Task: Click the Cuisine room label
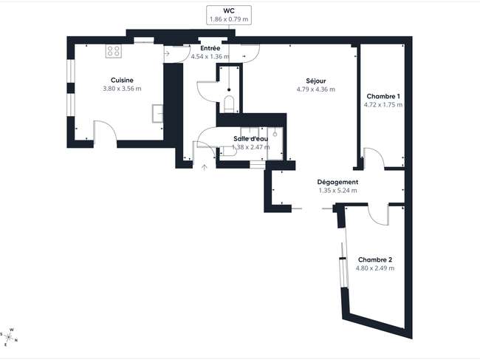[122, 81]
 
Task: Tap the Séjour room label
[315, 81]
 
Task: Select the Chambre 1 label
[383, 96]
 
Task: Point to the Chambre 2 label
[375, 259]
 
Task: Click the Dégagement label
[337, 182]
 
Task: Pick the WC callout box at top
[229, 15]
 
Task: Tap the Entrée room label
[210, 48]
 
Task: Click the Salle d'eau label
[251, 139]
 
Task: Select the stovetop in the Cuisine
[114, 51]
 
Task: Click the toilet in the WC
[229, 104]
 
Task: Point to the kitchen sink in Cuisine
[157, 113]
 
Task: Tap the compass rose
[9, 338]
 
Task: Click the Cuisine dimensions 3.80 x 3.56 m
[122, 89]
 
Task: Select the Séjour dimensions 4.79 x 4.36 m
[315, 89]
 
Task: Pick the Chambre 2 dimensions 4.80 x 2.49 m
[375, 268]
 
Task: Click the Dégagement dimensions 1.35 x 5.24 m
[337, 191]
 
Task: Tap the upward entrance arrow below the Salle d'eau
[204, 167]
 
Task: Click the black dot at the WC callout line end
[229, 89]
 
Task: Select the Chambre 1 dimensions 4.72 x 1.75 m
[383, 105]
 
